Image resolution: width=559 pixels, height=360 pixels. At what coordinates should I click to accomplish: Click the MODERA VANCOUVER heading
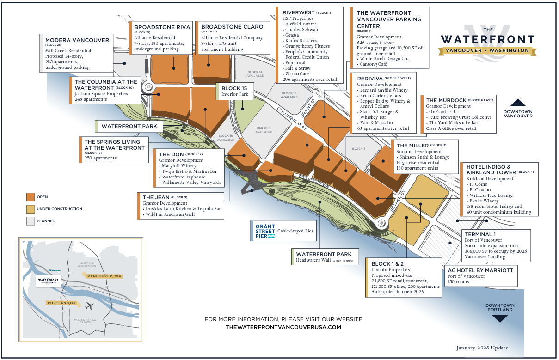77,40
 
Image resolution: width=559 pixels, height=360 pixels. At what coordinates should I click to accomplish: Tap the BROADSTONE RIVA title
162,27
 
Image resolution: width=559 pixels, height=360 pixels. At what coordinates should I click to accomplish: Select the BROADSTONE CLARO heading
232,27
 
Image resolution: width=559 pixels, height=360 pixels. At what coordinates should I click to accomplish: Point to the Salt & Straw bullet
299,68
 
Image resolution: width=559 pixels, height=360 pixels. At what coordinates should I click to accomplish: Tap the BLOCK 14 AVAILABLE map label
255,74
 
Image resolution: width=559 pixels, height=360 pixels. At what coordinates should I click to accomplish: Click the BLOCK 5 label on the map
358,149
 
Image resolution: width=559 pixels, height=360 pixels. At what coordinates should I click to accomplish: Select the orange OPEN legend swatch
31,197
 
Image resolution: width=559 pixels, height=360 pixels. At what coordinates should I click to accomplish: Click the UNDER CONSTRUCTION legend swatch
31,209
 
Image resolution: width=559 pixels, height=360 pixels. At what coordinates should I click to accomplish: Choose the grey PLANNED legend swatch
31,221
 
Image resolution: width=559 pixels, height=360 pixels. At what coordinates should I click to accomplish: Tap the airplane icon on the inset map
90,306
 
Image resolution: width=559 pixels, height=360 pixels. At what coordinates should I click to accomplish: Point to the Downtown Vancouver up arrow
518,103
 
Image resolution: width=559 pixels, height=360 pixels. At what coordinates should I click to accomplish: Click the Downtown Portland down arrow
500,318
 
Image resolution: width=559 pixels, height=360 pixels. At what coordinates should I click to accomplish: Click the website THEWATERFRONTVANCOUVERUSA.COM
283,327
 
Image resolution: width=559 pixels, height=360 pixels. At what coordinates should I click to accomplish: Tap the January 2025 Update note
482,348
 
